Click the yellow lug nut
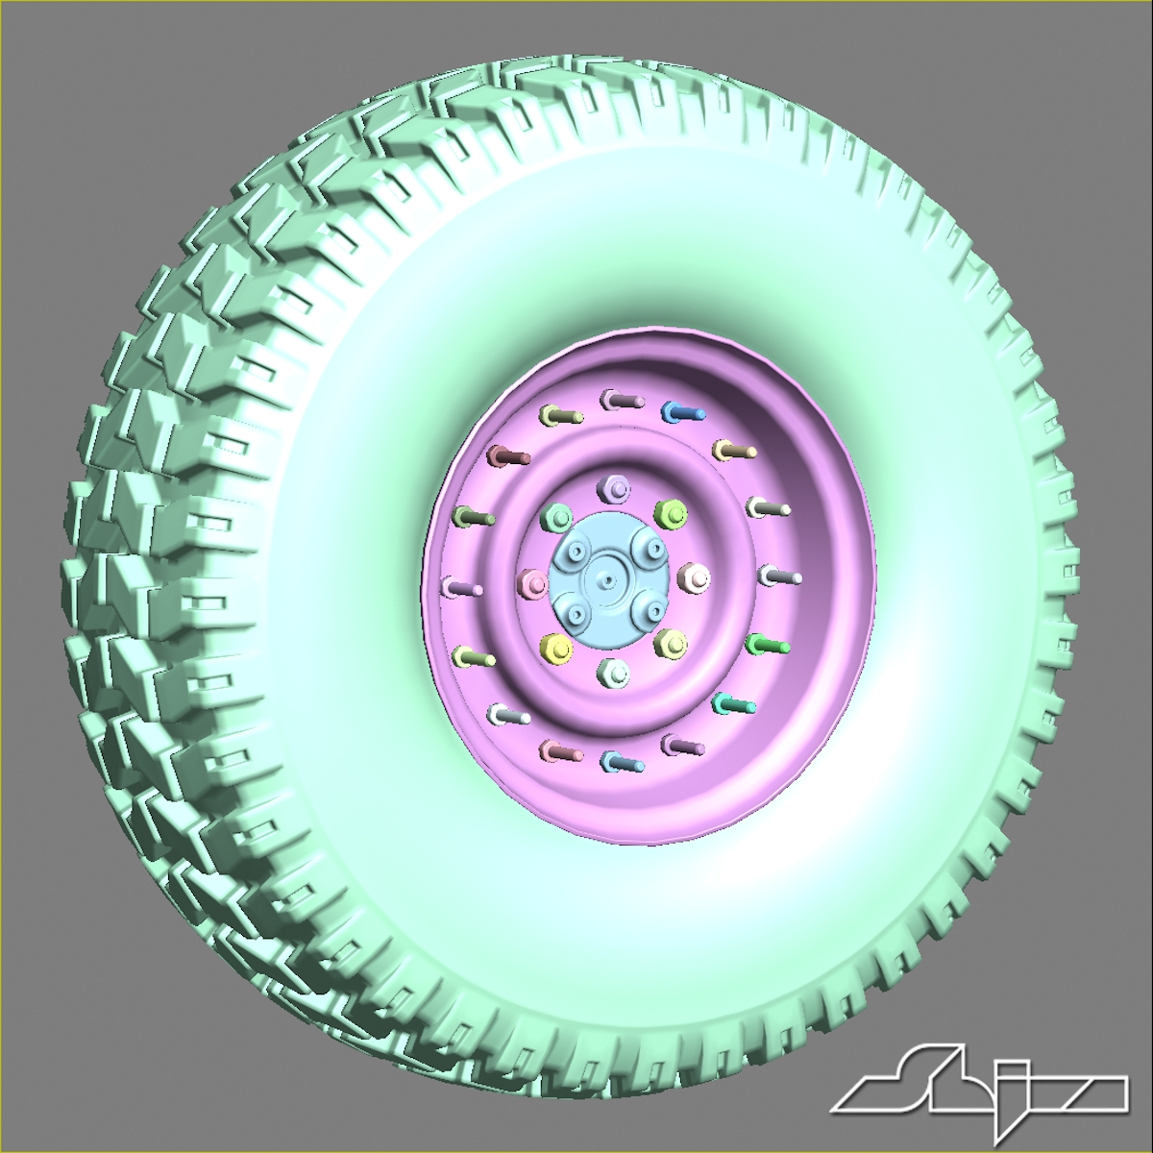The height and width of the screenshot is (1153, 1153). (x=556, y=647)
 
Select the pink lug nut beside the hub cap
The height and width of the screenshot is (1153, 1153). (x=531, y=583)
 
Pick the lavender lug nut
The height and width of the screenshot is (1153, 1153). (x=612, y=488)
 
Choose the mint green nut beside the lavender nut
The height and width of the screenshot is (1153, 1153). (x=556, y=520)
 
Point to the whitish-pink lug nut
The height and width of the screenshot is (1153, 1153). (x=693, y=576)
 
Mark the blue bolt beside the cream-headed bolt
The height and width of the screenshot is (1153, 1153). (x=682, y=413)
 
